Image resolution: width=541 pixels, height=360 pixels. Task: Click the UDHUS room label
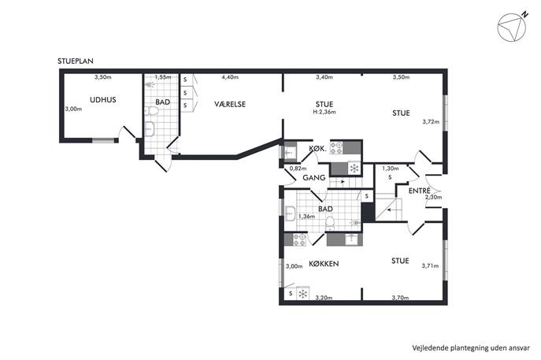click(x=103, y=100)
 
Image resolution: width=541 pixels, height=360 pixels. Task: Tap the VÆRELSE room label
click(x=230, y=104)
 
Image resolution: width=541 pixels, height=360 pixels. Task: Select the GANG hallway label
click(x=314, y=178)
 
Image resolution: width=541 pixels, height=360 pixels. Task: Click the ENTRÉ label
click(x=419, y=191)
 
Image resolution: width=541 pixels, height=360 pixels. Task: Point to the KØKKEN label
click(x=324, y=264)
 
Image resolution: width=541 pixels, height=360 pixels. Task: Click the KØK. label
click(x=318, y=149)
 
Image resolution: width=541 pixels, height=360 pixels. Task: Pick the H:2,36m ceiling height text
click(x=324, y=112)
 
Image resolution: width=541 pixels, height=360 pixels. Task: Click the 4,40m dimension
click(x=230, y=77)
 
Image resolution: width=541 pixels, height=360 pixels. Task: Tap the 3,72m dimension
click(x=431, y=121)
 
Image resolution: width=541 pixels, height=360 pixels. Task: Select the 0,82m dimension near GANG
click(x=298, y=169)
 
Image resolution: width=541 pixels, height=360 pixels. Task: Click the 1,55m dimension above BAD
click(x=163, y=77)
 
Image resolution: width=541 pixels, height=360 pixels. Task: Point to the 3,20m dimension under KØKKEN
click(x=324, y=298)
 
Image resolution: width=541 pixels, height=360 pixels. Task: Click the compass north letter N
click(x=524, y=15)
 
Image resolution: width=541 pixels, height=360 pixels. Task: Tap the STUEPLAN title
click(x=76, y=61)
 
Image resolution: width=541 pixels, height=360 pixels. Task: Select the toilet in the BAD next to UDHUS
click(x=151, y=111)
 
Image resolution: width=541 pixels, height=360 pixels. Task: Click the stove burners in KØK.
click(x=336, y=148)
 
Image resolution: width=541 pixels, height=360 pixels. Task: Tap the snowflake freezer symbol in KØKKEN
click(x=302, y=294)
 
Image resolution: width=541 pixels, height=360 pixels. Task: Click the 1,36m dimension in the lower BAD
click(x=307, y=217)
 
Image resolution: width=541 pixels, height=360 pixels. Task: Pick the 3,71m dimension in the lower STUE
click(x=430, y=265)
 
